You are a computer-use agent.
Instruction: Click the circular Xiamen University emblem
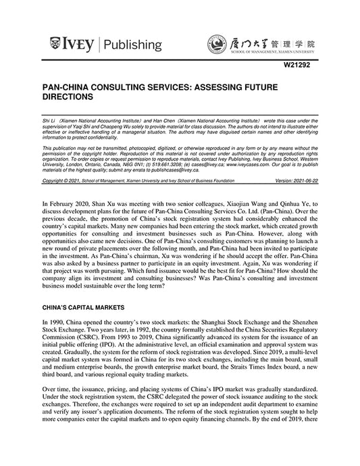pyautogui.click(x=217, y=45)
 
